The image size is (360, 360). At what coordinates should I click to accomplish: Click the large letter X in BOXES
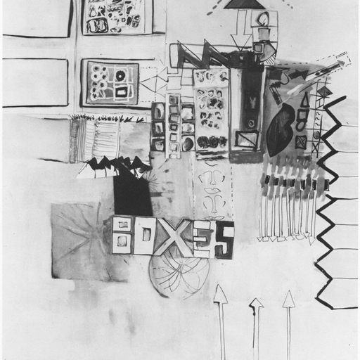(173, 237)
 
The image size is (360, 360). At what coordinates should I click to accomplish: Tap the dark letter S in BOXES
(224, 240)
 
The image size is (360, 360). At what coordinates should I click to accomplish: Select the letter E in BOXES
(203, 240)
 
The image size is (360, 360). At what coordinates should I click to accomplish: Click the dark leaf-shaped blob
(280, 129)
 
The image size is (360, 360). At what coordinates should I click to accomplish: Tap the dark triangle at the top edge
(244, 4)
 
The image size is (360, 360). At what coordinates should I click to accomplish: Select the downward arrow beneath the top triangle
(241, 30)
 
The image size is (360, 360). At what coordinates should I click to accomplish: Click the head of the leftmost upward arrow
(220, 293)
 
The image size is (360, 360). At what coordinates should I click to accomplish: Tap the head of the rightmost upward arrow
(288, 299)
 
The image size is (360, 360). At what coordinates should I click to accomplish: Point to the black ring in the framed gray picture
(121, 75)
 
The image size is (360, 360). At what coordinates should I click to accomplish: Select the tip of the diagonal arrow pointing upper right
(345, 62)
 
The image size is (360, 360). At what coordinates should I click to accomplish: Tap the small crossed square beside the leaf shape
(301, 142)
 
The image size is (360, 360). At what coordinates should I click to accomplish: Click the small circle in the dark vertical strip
(251, 122)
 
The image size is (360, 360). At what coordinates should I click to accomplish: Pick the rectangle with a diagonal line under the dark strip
(247, 139)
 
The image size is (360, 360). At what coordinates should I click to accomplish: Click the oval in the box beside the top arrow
(263, 18)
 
